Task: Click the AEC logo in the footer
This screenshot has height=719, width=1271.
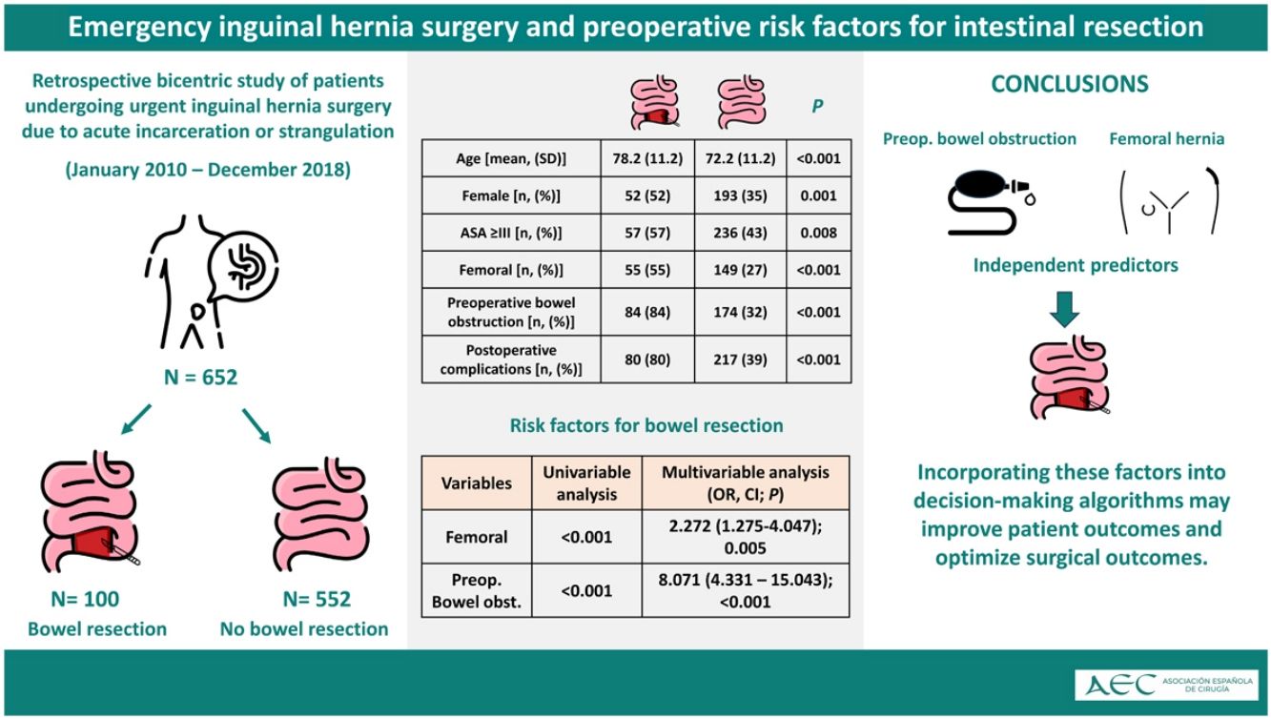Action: point(1166,685)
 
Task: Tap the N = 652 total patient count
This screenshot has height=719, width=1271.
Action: point(200,378)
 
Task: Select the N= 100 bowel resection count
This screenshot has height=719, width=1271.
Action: point(85,599)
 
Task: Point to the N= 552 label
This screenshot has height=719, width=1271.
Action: point(317,599)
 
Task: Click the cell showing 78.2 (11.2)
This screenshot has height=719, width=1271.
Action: point(647,158)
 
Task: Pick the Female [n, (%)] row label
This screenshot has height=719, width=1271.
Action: point(511,195)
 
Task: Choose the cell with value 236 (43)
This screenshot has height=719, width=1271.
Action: point(740,233)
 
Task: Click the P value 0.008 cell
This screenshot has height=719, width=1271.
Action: point(818,233)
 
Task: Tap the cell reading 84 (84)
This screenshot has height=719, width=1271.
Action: point(647,312)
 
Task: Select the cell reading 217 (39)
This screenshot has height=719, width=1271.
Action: point(740,359)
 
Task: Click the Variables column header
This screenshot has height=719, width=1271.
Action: point(477,483)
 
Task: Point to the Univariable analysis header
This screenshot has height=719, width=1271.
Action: point(586,483)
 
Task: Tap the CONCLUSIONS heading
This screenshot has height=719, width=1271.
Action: point(1070,84)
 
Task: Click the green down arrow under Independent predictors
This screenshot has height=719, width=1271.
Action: point(1064,309)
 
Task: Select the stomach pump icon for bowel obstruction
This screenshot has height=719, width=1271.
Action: point(991,202)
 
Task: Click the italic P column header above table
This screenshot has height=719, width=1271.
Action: point(817,106)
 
